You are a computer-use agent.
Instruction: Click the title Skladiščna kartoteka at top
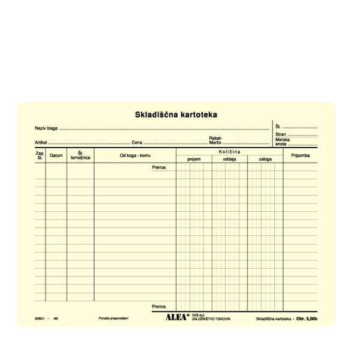pos(176,114)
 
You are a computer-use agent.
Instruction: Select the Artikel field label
pos(41,143)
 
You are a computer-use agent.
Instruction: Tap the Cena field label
pos(137,143)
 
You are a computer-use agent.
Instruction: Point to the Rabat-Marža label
pos(215,140)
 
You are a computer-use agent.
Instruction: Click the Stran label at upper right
pos(281,135)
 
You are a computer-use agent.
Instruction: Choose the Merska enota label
pos(281,142)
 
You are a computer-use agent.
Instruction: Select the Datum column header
pos(56,155)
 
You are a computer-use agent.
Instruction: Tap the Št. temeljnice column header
pos(80,155)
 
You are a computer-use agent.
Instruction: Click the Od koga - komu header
pos(135,155)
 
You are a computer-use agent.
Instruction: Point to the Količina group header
pos(229,152)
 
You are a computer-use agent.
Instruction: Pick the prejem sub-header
pos(194,160)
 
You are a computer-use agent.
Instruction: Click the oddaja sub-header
pos(229,160)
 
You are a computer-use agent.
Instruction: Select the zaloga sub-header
pos(265,160)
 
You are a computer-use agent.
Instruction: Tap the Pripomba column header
pos(300,155)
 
